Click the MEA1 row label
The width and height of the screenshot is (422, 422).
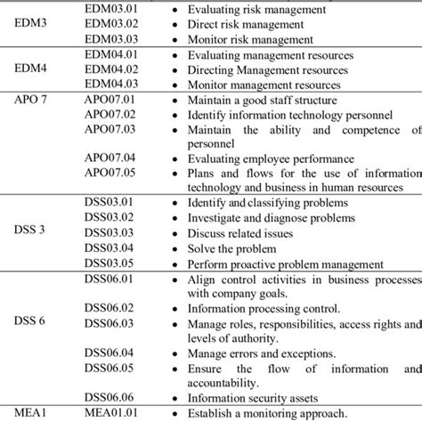pos(27,413)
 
